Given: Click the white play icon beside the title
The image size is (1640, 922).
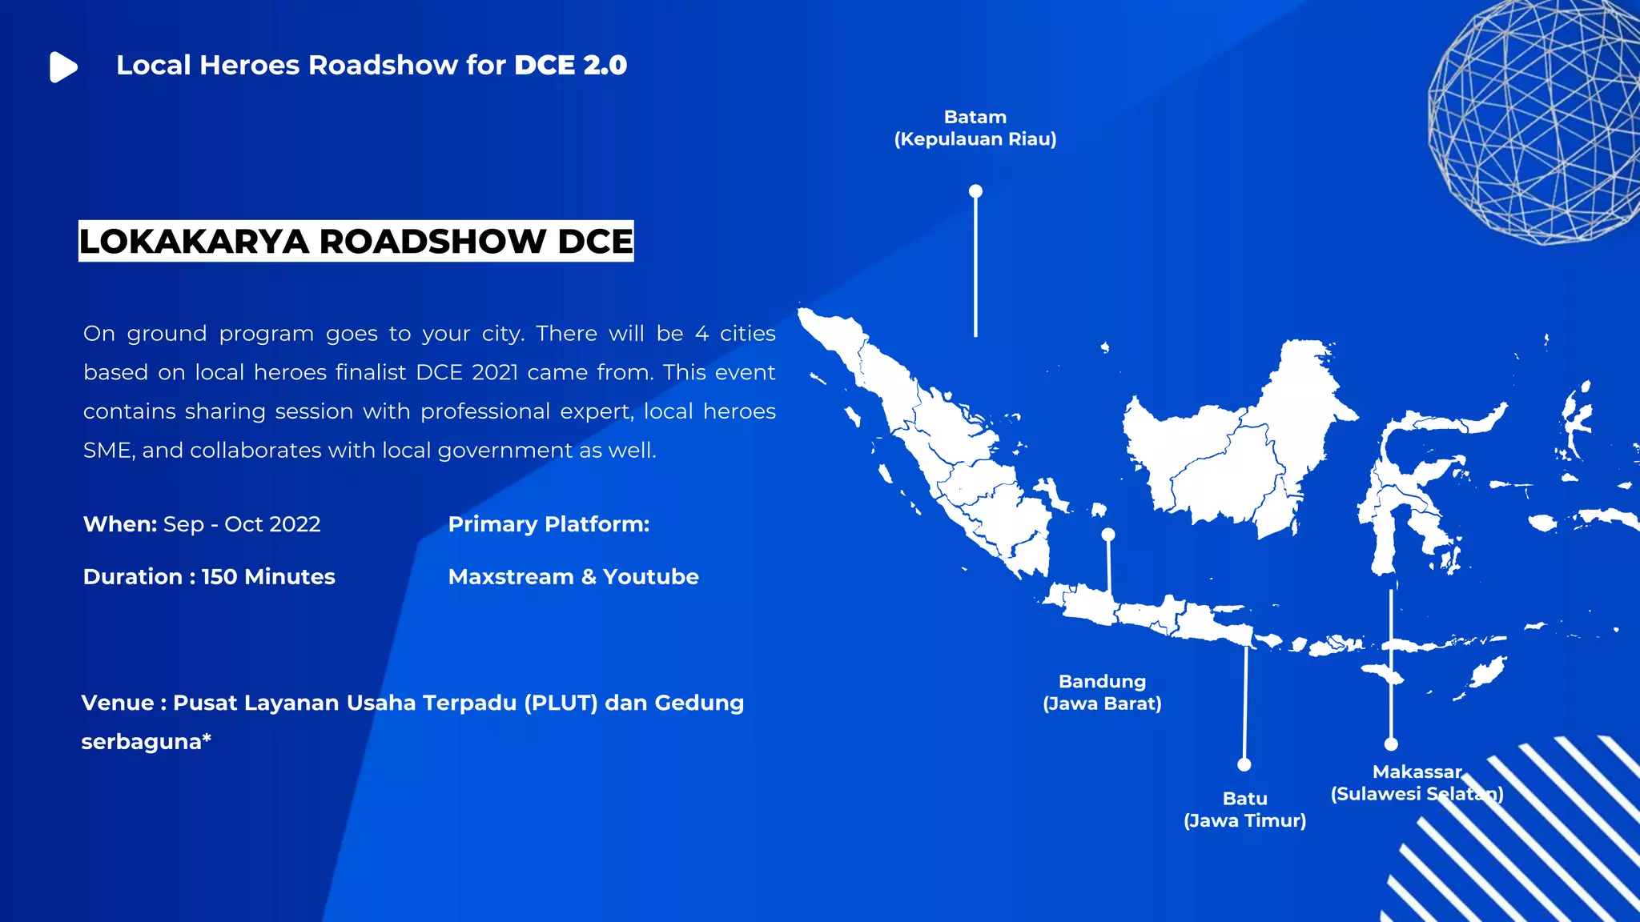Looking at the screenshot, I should click(62, 67).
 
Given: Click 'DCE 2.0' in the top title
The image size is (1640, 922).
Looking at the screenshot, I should click(570, 66).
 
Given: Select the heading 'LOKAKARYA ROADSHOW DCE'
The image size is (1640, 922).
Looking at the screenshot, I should click(356, 242).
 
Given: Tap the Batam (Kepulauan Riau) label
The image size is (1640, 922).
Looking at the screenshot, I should click(975, 128).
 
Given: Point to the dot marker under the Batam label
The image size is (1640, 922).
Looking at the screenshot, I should click(975, 191).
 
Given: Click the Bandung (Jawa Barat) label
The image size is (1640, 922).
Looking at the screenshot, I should click(1102, 692).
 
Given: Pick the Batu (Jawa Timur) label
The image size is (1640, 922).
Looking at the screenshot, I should click(1244, 809).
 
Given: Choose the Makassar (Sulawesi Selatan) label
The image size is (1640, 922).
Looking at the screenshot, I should click(1417, 783).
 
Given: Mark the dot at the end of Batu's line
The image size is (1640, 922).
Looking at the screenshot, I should click(1244, 764).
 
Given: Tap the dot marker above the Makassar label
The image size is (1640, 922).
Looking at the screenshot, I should click(1391, 744).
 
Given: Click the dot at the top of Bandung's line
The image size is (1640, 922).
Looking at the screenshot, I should click(1108, 534).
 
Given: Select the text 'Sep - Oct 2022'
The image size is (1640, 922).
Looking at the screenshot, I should click(242, 524).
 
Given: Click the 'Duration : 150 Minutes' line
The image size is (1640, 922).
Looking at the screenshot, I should click(209, 577).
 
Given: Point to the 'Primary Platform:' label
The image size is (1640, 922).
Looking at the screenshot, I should click(549, 524).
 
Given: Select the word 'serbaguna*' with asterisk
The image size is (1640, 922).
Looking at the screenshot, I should click(146, 742).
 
